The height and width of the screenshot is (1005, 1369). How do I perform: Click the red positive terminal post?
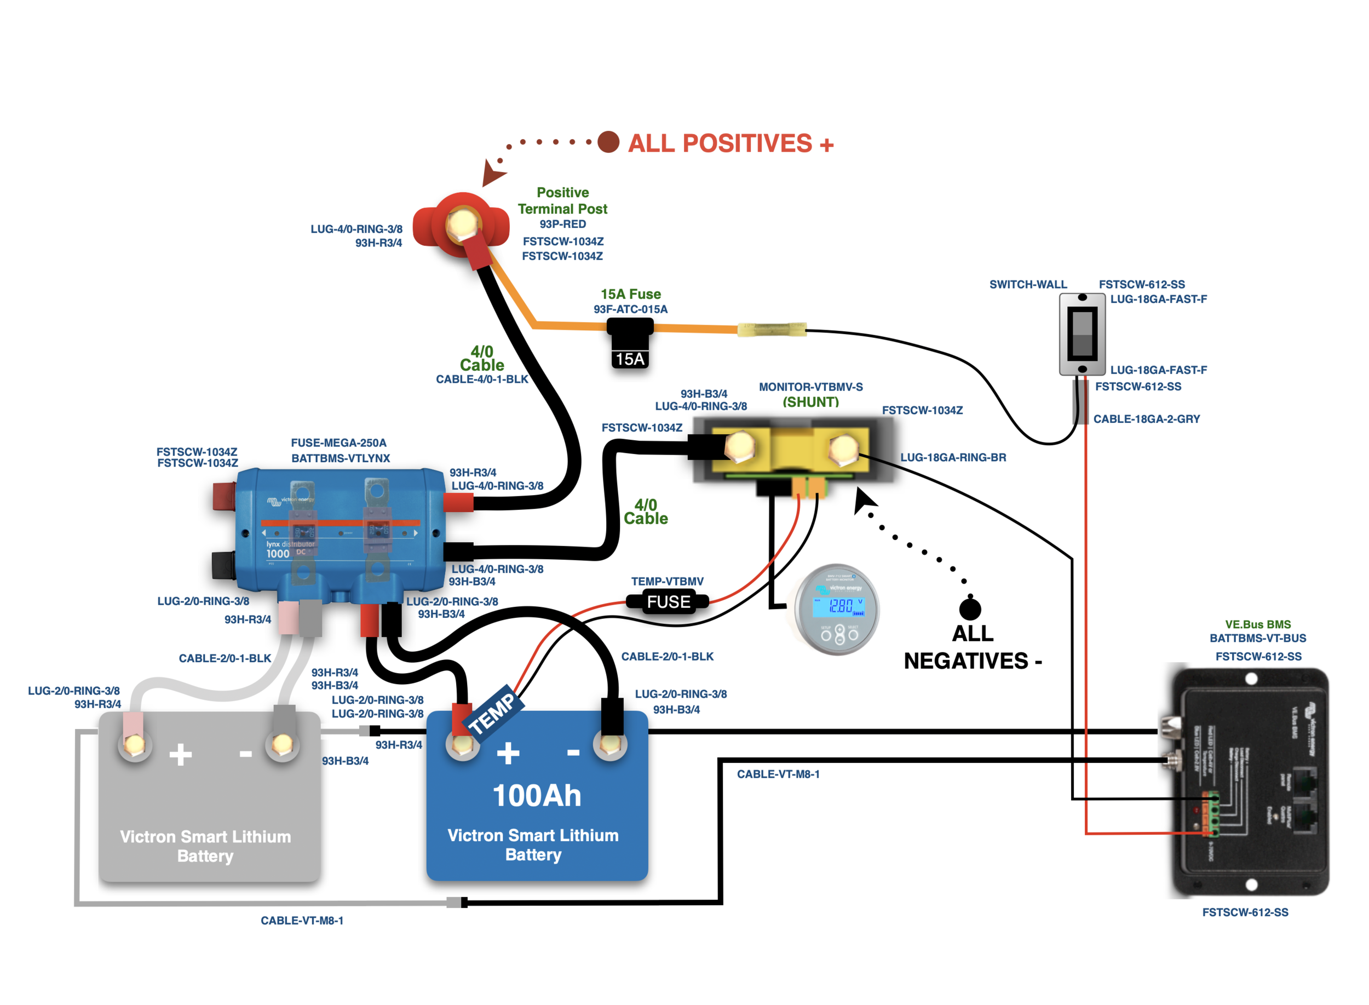click(x=461, y=225)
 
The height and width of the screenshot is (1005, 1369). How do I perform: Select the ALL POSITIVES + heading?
click(x=730, y=143)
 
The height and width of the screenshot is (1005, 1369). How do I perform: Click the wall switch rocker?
click(x=1082, y=334)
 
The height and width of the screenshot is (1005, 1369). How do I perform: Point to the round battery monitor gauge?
click(x=836, y=609)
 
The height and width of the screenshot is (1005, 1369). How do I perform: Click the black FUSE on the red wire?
click(x=668, y=602)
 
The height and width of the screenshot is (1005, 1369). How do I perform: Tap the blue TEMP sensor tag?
click(x=491, y=712)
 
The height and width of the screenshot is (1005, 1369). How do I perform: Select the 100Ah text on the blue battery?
click(x=537, y=795)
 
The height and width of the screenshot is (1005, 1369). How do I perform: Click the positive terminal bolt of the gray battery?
click(x=134, y=743)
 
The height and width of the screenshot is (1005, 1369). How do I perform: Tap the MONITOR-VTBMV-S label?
click(x=810, y=387)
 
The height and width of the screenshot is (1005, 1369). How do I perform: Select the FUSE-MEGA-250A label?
click(x=338, y=443)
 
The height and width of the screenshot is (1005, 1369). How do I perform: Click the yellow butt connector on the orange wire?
click(x=771, y=330)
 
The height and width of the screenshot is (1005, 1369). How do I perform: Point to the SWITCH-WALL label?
click(x=1028, y=284)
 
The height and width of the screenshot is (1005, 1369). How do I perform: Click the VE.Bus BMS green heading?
click(x=1257, y=624)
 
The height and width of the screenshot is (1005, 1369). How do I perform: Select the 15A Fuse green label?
click(x=630, y=295)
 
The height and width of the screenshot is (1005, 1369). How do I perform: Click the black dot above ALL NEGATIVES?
click(x=969, y=608)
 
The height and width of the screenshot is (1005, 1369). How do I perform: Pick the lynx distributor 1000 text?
click(x=290, y=549)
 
